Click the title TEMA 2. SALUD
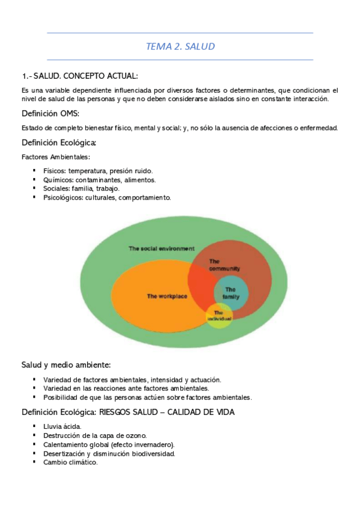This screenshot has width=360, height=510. (x=180, y=46)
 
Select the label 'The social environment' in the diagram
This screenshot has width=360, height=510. (x=162, y=248)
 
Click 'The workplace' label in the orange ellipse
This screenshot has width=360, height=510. (x=167, y=296)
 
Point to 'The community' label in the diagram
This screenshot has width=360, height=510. (x=224, y=265)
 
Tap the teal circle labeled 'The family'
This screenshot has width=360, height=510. (x=231, y=293)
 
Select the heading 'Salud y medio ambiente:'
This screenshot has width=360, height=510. (x=66, y=365)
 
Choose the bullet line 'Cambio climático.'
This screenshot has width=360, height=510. (x=70, y=462)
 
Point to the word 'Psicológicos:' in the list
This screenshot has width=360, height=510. (x=64, y=197)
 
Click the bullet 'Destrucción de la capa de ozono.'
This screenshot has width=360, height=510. (x=94, y=435)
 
